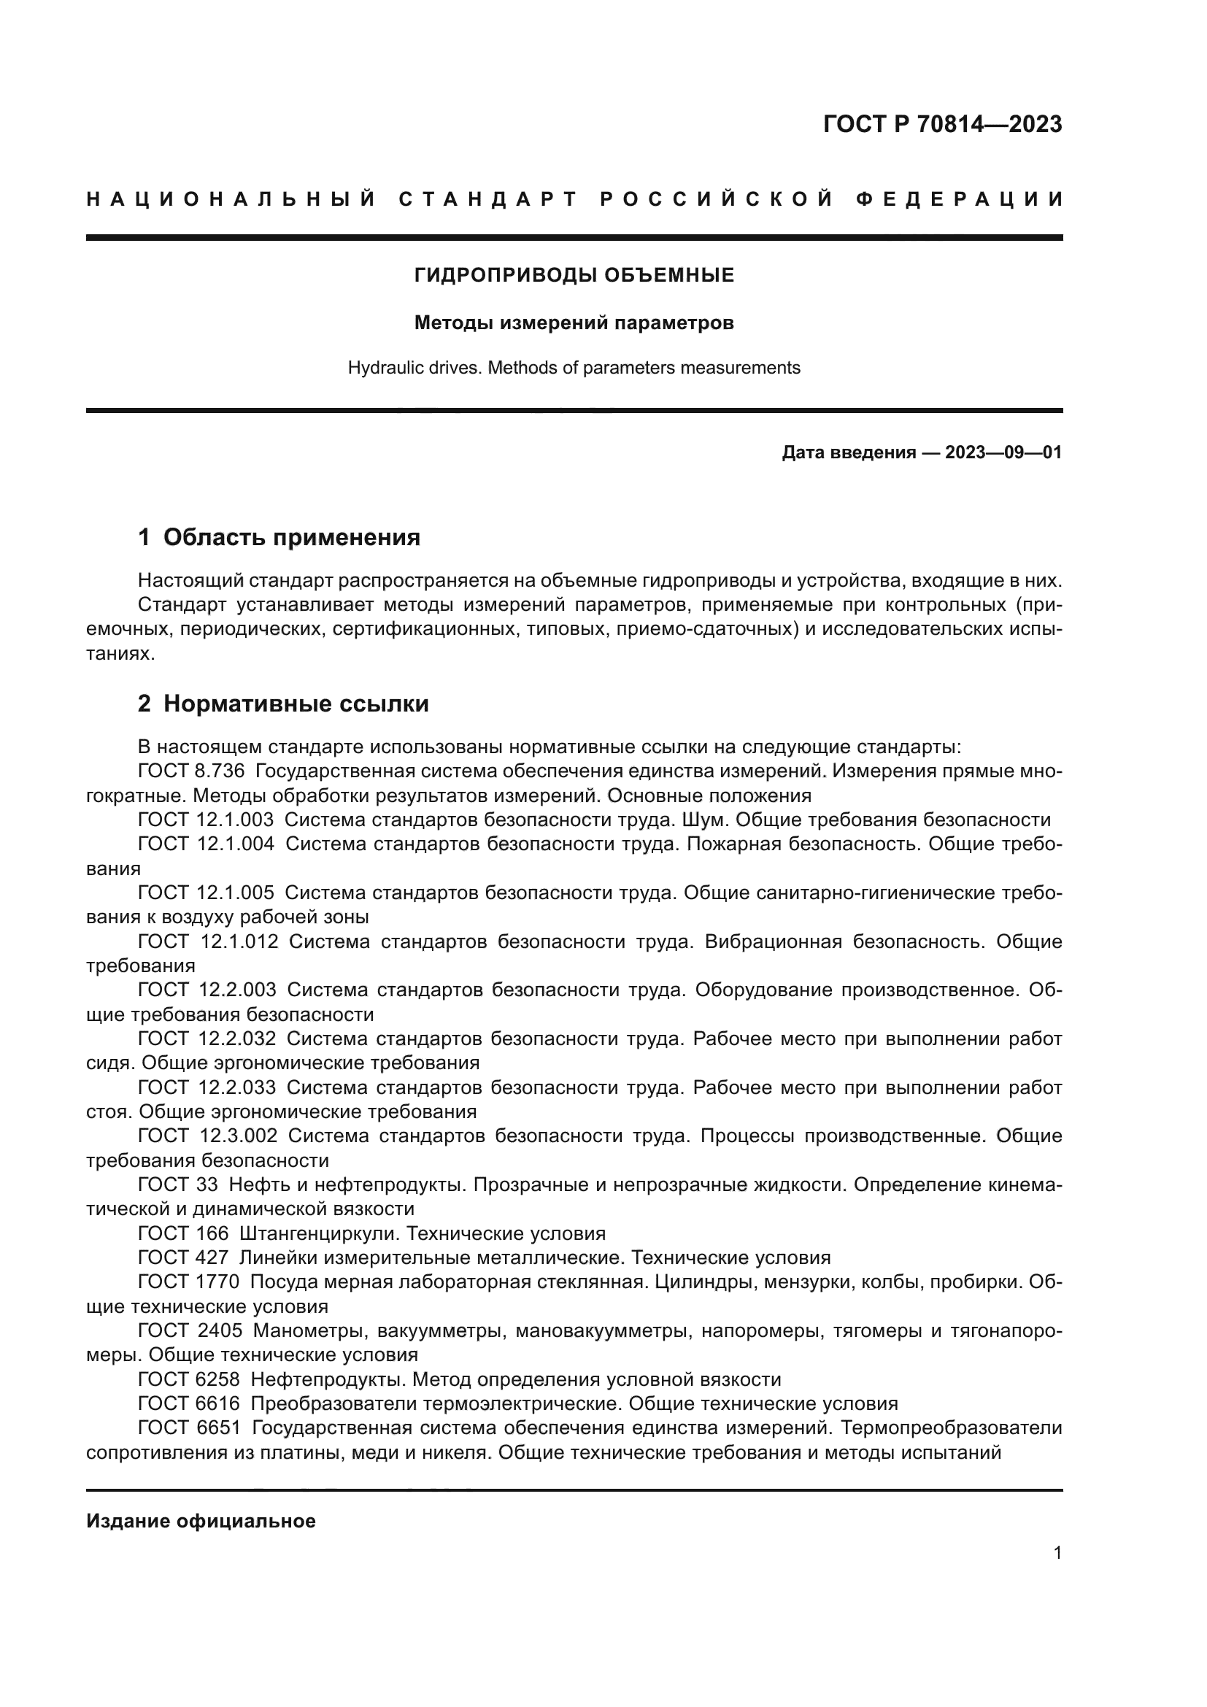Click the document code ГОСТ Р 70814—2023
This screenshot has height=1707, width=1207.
coord(941,124)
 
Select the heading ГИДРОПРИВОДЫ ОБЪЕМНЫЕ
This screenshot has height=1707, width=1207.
coord(574,276)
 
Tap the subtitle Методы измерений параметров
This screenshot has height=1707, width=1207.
coord(574,323)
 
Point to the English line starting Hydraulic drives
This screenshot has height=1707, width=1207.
coord(574,368)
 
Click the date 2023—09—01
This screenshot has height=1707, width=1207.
coord(1003,452)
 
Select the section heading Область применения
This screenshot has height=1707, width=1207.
coord(291,538)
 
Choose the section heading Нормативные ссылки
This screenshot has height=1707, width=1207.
coord(296,704)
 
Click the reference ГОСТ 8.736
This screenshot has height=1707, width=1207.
coord(191,771)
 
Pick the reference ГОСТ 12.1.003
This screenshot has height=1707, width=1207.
coord(206,820)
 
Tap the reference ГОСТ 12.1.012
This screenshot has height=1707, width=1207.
coord(207,942)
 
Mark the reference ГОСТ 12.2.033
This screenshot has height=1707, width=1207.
coord(207,1087)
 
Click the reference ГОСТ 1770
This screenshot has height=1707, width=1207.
coord(189,1282)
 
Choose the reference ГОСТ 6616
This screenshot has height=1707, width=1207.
coord(189,1403)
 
